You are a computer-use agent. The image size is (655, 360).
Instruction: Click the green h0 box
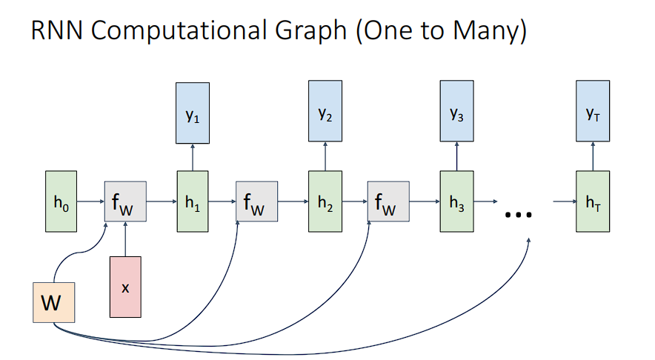[x=61, y=201]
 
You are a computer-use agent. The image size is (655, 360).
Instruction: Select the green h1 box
[x=193, y=201]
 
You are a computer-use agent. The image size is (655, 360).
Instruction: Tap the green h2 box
[x=325, y=201]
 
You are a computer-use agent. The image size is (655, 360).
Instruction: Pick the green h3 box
[x=456, y=201]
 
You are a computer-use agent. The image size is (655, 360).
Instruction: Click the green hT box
[x=593, y=201]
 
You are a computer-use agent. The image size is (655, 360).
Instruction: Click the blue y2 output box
[x=325, y=113]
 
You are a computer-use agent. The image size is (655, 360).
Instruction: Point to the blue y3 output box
[x=456, y=113]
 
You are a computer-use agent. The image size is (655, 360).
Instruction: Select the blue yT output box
[x=593, y=113]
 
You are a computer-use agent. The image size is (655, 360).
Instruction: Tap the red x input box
[x=125, y=287]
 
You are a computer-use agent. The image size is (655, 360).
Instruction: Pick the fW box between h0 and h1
[x=125, y=201]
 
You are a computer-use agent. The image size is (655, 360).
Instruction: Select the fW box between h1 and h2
[x=256, y=201]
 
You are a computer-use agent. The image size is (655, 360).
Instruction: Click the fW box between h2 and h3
[x=388, y=201]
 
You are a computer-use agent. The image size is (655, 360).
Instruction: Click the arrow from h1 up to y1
[x=193, y=157]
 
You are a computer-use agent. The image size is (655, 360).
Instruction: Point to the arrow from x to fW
[x=125, y=239]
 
